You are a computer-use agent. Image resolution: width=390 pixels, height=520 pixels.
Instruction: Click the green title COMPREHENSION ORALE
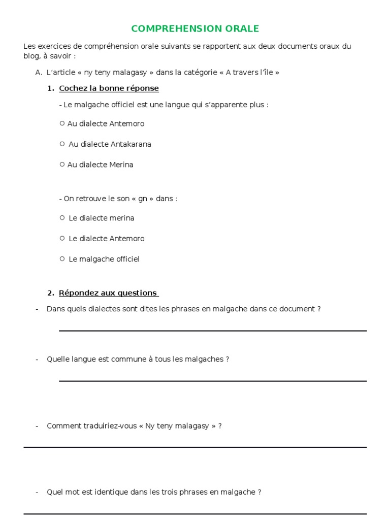[195, 28]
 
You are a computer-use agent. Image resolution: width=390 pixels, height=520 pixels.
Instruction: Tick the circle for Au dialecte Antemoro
[62, 123]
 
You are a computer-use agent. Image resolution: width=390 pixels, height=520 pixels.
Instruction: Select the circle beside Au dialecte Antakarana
[62, 144]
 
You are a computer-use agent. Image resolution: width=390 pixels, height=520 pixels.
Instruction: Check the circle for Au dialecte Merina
[62, 164]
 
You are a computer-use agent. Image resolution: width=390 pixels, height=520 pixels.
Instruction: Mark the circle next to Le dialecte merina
[62, 218]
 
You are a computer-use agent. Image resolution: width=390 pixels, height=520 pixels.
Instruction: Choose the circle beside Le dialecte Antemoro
[62, 238]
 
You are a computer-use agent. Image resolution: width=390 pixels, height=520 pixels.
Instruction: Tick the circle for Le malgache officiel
[62, 258]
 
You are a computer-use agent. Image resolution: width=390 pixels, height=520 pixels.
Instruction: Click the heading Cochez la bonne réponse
[109, 88]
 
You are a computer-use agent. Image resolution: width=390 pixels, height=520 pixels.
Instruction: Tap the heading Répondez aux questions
[108, 293]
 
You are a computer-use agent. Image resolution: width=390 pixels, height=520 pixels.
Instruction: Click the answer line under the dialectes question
[213, 331]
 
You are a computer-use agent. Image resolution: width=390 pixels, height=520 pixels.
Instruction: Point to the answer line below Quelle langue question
[213, 381]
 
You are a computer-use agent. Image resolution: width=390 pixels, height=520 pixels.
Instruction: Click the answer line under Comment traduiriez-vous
[195, 447]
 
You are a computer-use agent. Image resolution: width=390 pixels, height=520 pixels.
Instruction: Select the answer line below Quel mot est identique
[195, 513]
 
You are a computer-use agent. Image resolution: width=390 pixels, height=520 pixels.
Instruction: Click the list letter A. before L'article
[39, 73]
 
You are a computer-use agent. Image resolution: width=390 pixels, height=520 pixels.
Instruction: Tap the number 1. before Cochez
[50, 88]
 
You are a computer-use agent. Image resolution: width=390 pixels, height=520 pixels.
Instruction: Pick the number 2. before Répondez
[50, 293]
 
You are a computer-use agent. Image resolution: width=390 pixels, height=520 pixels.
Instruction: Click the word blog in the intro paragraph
[31, 56]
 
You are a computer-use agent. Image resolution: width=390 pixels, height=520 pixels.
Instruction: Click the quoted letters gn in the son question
[143, 199]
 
